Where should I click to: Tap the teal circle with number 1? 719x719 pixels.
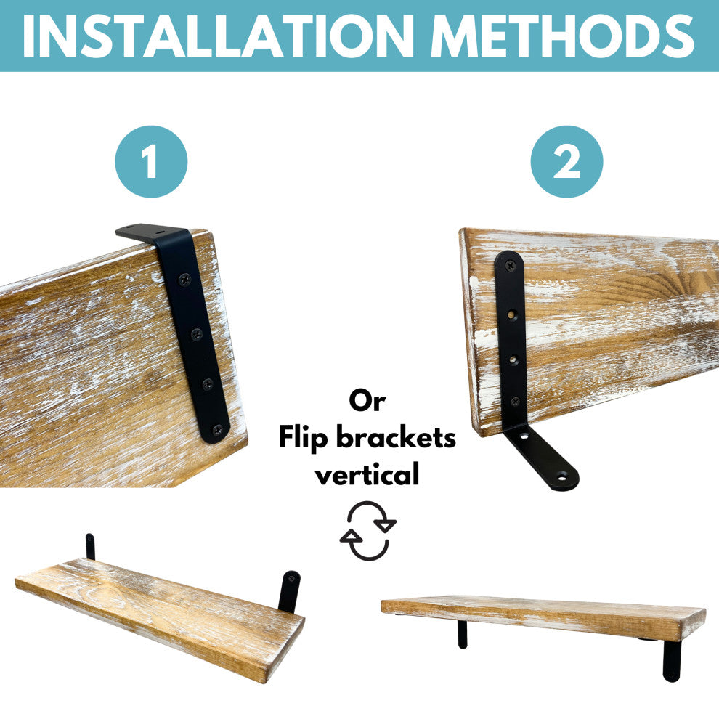[151, 161]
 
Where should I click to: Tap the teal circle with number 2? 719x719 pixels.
[566, 161]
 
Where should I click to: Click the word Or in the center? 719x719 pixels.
[367, 401]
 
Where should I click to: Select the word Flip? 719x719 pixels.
[303, 437]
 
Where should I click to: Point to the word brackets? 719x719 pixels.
[397, 437]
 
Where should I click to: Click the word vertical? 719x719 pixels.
[367, 474]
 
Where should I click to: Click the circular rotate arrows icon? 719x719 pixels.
[367, 531]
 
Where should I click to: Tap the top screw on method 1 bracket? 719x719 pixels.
[184, 279]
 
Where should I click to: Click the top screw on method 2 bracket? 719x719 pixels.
[511, 264]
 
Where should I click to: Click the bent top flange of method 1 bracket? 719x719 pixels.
[151, 232]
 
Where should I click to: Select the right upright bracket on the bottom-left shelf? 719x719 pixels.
[289, 591]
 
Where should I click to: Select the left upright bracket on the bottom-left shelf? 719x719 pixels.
[90, 547]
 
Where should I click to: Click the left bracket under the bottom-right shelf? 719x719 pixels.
[463, 634]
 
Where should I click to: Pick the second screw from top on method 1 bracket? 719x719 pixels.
[197, 334]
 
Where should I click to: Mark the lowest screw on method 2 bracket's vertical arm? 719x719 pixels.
[516, 402]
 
